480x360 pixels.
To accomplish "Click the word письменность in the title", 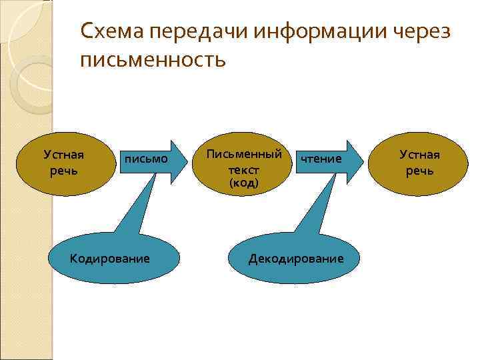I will (x=153, y=61).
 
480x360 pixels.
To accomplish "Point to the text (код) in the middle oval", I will (x=243, y=183).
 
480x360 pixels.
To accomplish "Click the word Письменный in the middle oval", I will (x=243, y=154).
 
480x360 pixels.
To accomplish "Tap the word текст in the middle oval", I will (x=243, y=169).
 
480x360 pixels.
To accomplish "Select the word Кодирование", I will (x=110, y=258).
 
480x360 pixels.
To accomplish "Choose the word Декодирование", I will (x=296, y=258).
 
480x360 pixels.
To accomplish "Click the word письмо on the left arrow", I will (x=145, y=159).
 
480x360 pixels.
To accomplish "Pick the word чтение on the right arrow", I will (x=321, y=159).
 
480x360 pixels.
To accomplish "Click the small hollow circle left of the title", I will (x=28, y=77).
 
